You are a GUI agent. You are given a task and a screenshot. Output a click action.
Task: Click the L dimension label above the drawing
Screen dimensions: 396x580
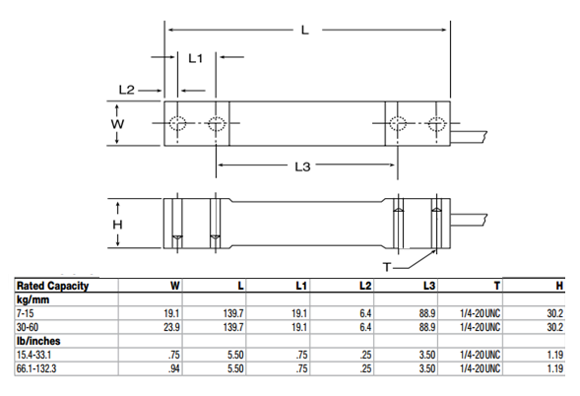click(304, 31)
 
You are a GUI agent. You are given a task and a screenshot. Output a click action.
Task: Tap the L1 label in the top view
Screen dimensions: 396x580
click(195, 59)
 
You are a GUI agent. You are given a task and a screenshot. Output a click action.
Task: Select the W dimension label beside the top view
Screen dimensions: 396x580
click(117, 125)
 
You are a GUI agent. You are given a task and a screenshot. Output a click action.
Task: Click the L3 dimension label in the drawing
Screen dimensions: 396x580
click(303, 166)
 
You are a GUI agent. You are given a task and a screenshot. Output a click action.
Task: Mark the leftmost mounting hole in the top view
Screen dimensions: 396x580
click(178, 125)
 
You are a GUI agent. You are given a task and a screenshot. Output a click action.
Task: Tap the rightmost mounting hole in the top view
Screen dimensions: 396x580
click(435, 125)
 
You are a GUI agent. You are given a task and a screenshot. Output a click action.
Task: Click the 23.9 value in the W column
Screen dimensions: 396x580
click(170, 324)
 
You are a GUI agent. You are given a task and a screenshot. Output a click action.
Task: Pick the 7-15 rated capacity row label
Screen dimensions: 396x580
click(24, 311)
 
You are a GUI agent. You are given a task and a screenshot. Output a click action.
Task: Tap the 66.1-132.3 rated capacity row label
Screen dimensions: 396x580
click(35, 366)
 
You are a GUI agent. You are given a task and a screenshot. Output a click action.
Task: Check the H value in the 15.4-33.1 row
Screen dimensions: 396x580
click(555, 353)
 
